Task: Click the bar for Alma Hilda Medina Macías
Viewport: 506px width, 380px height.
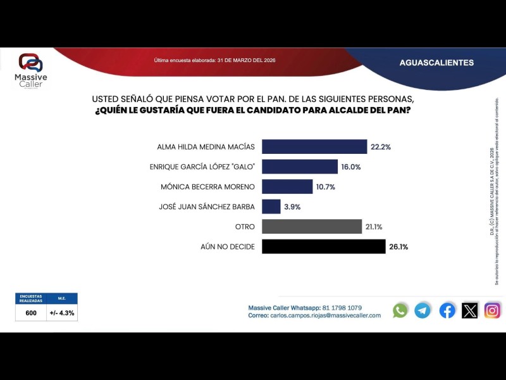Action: point(314,146)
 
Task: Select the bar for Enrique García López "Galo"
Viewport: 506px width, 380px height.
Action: point(300,167)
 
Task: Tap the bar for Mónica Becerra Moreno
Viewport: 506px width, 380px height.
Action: point(287,187)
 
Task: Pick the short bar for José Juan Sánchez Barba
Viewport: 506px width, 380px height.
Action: point(271,206)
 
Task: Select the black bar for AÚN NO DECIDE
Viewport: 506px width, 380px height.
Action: point(323,246)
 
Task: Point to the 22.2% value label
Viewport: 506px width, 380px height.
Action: point(381,147)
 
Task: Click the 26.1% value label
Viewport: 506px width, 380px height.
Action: point(398,247)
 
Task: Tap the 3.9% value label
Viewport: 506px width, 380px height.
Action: point(292,207)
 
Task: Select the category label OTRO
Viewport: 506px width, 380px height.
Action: point(244,227)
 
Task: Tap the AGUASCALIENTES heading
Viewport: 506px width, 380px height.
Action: point(436,63)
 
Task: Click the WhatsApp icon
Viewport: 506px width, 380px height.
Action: point(400,310)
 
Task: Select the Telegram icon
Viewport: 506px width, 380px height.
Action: point(423,310)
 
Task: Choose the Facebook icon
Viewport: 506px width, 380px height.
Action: point(447,310)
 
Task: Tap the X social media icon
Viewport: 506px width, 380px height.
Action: point(470,310)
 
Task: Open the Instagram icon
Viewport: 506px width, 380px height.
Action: point(493,310)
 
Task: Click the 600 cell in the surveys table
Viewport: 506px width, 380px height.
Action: point(31,313)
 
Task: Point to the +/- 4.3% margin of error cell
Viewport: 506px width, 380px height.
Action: point(62,313)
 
